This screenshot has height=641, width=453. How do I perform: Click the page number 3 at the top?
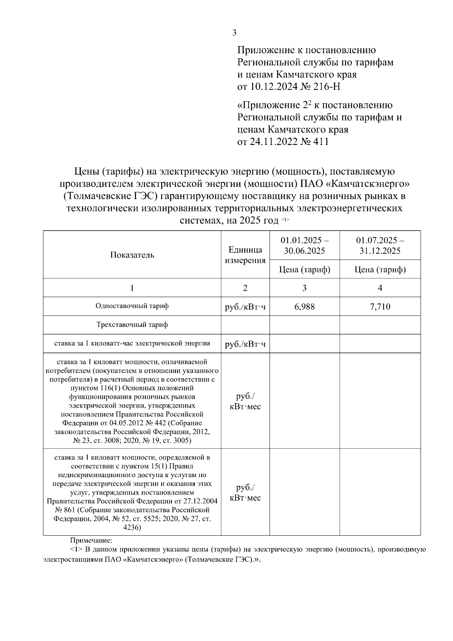point(234,33)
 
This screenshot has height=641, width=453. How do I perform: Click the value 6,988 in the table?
point(304,307)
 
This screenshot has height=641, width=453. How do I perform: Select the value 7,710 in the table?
point(380,307)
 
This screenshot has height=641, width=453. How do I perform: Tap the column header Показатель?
point(132,255)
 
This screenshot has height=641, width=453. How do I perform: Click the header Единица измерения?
point(245,255)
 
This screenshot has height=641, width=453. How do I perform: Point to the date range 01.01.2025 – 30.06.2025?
point(304,245)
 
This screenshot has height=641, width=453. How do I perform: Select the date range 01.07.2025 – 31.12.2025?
point(380,245)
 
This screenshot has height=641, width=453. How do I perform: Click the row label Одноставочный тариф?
point(132,306)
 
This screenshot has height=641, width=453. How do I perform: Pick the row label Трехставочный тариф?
point(132,325)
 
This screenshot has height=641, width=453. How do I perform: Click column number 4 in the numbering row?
point(380,288)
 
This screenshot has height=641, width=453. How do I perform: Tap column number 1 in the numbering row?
point(132,288)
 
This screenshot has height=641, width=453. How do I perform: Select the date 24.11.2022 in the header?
point(268,142)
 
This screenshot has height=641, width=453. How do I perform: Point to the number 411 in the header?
point(321,142)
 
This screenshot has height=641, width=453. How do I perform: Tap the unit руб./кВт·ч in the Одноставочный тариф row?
point(245,307)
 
